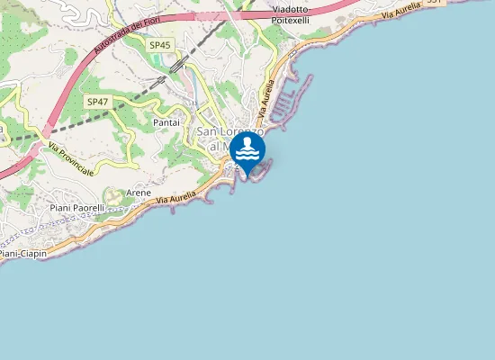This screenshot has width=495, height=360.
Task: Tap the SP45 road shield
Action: tap(160, 45)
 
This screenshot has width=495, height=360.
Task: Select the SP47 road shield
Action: tap(97, 102)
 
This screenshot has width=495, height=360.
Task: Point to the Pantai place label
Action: tap(167, 121)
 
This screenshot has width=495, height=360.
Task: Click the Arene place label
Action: tap(139, 193)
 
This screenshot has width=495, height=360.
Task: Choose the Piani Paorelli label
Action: tap(77, 208)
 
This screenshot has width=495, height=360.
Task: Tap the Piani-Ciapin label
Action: tap(23, 254)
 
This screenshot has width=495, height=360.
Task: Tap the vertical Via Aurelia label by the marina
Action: tap(265, 101)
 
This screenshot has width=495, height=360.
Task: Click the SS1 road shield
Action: tap(434, 3)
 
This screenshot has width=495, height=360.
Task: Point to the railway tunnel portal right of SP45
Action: tap(178, 65)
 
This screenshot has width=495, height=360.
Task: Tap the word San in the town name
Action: tap(206, 132)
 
